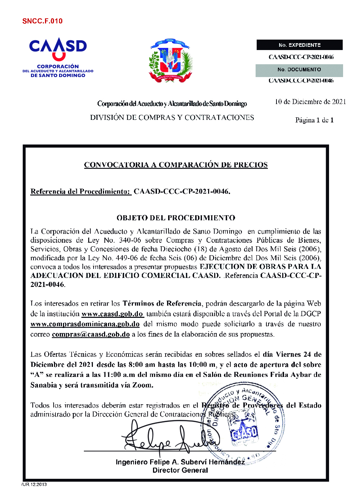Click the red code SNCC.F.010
42,21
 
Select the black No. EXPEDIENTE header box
300,45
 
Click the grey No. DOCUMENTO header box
299,70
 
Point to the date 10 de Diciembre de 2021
310,102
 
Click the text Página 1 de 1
314,120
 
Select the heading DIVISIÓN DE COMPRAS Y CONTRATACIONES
172,118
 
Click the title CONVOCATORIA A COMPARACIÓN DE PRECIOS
176,165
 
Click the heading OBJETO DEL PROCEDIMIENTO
176,218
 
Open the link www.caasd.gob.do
112,314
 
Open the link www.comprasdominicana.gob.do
85,324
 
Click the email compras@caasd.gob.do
91,334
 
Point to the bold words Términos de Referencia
162,303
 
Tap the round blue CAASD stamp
243,423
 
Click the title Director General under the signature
180,471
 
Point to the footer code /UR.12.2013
34,484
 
